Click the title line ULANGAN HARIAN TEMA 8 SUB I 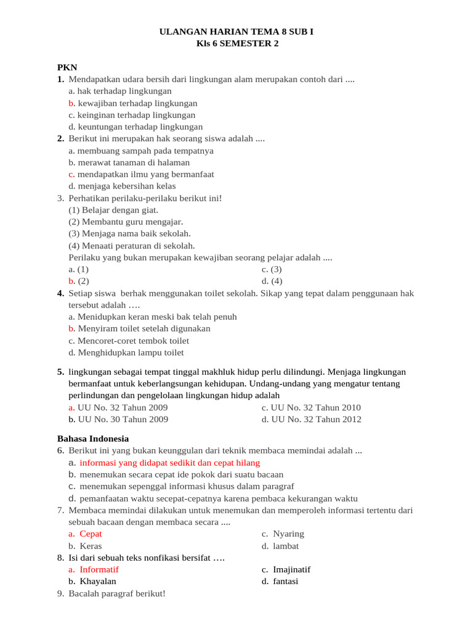236,31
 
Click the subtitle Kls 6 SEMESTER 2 236,43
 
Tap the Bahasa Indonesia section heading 93,439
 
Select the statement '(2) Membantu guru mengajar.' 126,222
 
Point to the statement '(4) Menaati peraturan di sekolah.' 132,245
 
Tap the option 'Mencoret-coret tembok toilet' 129,341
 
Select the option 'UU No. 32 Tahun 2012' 312,420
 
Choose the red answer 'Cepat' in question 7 91,534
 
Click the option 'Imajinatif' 291,569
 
